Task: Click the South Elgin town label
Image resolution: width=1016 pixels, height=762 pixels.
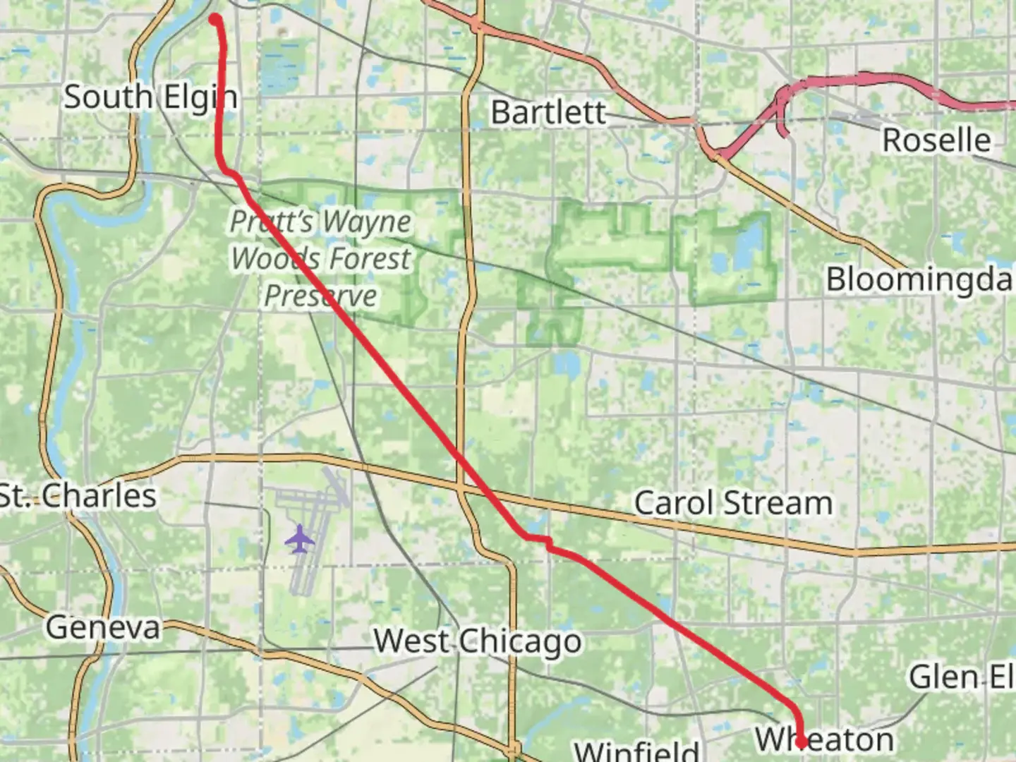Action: click(x=150, y=97)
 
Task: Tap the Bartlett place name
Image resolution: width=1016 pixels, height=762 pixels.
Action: click(x=548, y=112)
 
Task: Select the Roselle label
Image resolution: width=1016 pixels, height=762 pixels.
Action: click(x=936, y=140)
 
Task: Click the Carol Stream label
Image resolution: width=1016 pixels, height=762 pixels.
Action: click(x=733, y=503)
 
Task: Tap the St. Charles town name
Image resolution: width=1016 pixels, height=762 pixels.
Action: click(x=78, y=496)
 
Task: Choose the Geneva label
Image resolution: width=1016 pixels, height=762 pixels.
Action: click(x=103, y=627)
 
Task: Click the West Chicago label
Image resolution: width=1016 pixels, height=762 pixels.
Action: click(x=478, y=641)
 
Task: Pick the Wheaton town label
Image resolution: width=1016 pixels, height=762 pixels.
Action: click(x=824, y=739)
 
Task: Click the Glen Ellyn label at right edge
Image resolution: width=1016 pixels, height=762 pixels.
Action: click(x=961, y=677)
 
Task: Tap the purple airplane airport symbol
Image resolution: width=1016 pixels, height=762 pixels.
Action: click(x=300, y=539)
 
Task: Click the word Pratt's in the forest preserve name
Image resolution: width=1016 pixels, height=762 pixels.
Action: click(x=271, y=222)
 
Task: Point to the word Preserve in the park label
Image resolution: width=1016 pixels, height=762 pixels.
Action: click(x=320, y=296)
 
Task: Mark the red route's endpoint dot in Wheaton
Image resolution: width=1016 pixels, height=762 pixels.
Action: click(x=802, y=742)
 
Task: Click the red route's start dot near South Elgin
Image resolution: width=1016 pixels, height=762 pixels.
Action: click(x=214, y=19)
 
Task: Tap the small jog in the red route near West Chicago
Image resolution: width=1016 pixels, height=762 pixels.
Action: click(x=547, y=543)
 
